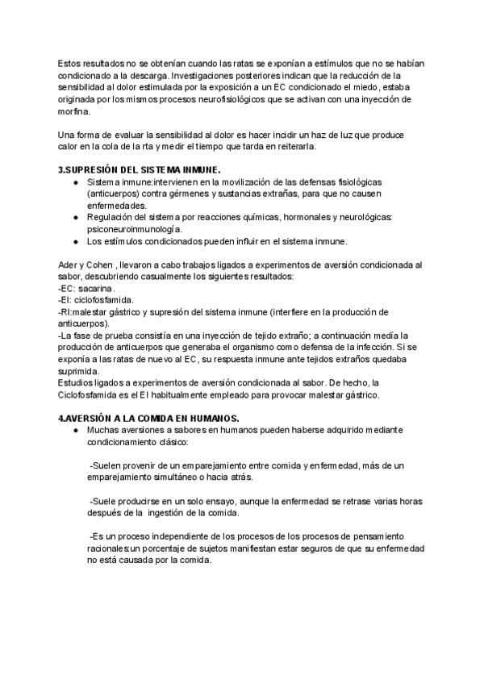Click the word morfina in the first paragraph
pos(73,112)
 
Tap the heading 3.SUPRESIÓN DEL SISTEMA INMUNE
pos(139,170)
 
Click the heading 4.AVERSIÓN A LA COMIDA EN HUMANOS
pos(148,418)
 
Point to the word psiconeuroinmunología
pos(135,229)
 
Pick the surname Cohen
pos(106,264)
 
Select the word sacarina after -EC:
pos(98,287)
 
